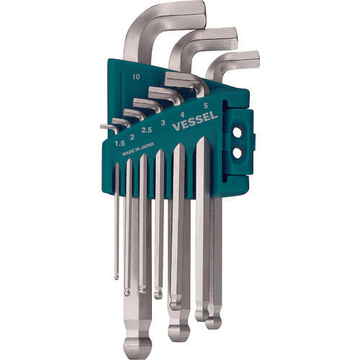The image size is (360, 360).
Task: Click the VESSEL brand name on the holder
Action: coord(195,121)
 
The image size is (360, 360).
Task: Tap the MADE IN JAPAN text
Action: coord(138,148)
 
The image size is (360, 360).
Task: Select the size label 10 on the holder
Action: coord(136,77)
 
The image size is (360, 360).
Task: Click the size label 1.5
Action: coord(120,143)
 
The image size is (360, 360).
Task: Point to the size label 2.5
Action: coord(146,130)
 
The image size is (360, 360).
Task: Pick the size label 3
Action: coord(163,123)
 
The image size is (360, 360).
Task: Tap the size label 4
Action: coord(182,114)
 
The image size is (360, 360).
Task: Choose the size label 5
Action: coord(205,105)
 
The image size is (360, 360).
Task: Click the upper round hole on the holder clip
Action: coord(238,132)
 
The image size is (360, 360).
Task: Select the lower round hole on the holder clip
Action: coord(238,153)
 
